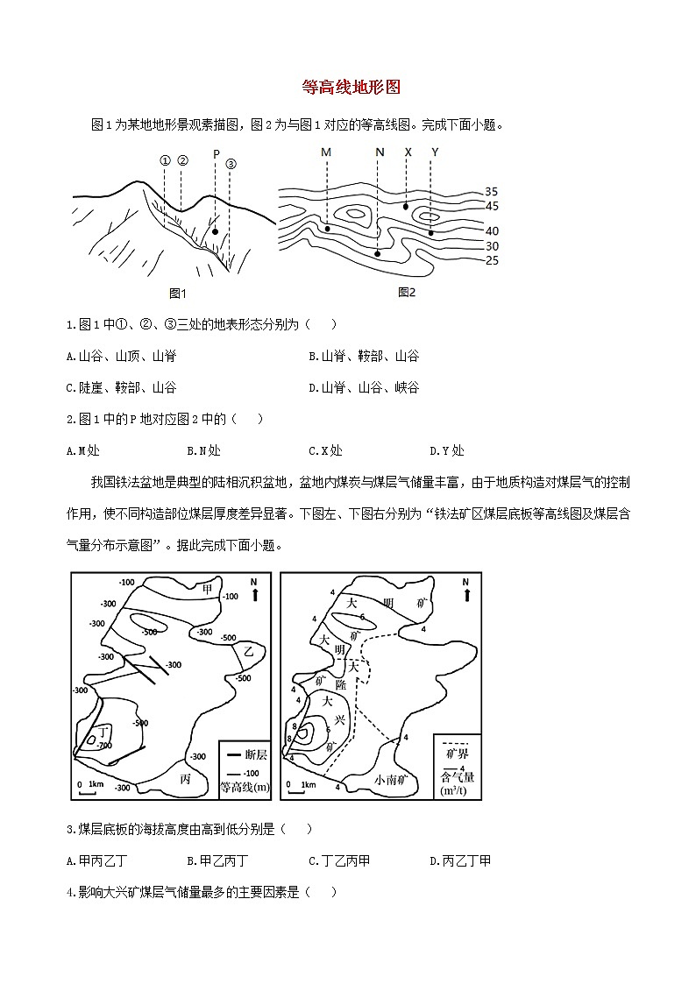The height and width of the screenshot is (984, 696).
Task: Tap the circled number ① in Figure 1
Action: pos(164,160)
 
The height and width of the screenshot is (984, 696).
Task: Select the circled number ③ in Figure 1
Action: pos(231,164)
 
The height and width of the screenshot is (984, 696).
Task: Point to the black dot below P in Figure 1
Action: pos(215,232)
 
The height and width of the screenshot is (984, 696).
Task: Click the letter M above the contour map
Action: pos(326,152)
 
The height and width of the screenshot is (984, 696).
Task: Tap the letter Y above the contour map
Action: pos(435,152)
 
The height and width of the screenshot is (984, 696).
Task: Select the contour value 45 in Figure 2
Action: pos(491,206)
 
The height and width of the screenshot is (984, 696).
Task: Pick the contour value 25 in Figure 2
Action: pos(491,260)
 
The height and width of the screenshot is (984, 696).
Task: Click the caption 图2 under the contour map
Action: pos(407,292)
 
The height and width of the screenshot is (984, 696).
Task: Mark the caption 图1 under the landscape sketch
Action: pos(179,294)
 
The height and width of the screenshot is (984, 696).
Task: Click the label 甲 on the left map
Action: pos(208,587)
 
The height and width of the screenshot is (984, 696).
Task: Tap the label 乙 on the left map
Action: pos(249,651)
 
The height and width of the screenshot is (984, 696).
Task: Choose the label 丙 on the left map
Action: pos(185,778)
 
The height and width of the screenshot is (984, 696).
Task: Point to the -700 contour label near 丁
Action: pos(105,745)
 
